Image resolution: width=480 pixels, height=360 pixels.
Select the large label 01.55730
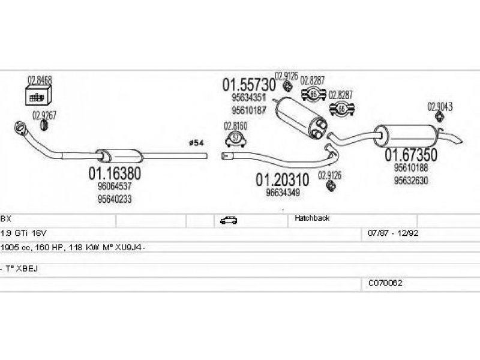coord(249,85)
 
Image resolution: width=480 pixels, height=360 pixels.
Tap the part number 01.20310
coord(283,179)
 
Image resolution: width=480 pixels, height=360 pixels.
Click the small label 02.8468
coord(40,79)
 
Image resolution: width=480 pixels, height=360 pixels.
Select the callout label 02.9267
coord(44,115)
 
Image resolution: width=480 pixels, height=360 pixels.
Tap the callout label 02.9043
coord(440,107)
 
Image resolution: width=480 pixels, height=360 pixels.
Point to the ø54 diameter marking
coord(196,142)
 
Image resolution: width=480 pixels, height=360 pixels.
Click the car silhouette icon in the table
coord(229,220)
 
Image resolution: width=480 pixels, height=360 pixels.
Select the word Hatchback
coord(312,219)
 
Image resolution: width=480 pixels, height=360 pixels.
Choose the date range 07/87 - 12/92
coord(389,232)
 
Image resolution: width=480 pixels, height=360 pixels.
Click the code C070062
coord(385,282)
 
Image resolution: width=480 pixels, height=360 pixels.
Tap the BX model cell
coord(5,220)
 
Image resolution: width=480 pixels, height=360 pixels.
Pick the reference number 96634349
coord(283,193)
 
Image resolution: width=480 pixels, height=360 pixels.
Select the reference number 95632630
coord(411,180)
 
